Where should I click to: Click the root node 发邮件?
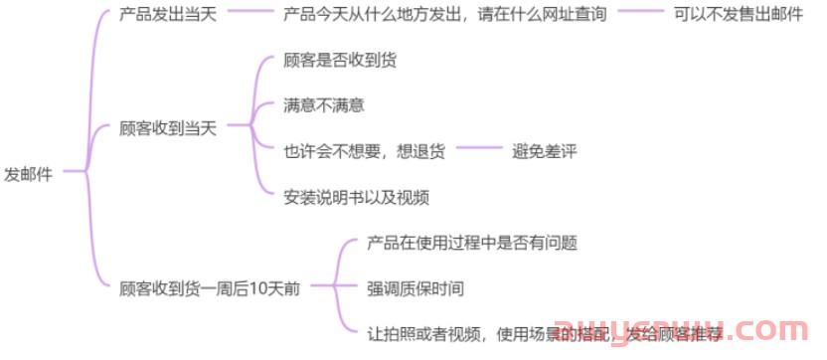click(29, 173)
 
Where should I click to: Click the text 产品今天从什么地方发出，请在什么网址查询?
click(445, 16)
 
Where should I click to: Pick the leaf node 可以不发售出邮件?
click(738, 16)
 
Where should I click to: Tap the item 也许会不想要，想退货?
click(364, 150)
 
